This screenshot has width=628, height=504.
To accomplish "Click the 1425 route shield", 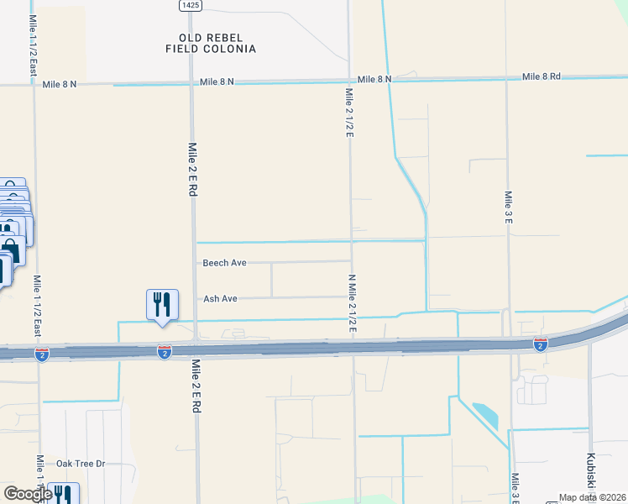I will [190, 5].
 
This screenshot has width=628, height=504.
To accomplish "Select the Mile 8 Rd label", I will [541, 76].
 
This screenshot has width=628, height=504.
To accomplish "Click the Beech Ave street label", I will [224, 263].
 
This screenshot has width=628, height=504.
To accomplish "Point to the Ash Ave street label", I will [220, 299].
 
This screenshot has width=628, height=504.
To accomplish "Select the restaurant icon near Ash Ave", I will [162, 305].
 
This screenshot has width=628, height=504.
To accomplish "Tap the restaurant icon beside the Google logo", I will [63, 495].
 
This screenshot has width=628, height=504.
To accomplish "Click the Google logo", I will [28, 494].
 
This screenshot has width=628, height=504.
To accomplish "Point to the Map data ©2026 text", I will [592, 497].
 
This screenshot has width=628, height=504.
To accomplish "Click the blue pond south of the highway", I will [484, 414].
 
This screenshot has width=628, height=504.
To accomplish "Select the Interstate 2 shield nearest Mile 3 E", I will [540, 344].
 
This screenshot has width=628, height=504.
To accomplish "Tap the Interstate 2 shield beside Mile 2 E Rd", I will [165, 351].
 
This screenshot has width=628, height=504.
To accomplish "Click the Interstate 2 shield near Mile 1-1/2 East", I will [40, 354].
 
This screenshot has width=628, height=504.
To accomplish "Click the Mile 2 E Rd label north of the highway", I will [192, 168].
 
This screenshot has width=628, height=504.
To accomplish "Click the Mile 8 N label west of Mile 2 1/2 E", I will [217, 82].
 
